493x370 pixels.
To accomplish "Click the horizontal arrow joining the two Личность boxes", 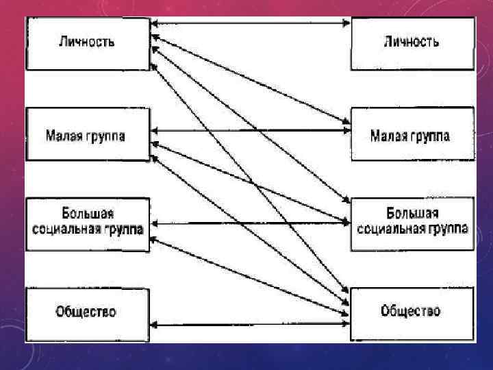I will click(x=250, y=23).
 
